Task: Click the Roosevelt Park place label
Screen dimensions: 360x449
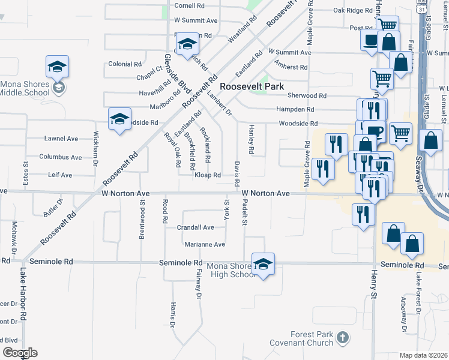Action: tap(252, 86)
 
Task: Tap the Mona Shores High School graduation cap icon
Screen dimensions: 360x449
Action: tap(262, 264)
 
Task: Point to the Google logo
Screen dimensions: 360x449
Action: tap(20, 353)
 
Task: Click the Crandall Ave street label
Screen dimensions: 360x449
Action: tap(196, 227)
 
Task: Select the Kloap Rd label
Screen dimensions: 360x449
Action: tap(208, 175)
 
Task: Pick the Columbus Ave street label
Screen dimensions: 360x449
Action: tap(61, 157)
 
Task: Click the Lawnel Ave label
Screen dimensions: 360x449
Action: tap(61, 139)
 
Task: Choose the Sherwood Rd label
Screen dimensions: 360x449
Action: tap(306, 95)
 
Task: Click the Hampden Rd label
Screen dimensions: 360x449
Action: tap(295, 109)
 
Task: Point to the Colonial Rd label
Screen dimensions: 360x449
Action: tap(125, 64)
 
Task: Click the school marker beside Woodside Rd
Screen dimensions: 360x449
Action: tap(119, 119)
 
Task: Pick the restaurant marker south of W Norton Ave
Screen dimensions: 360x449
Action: tap(362, 215)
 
